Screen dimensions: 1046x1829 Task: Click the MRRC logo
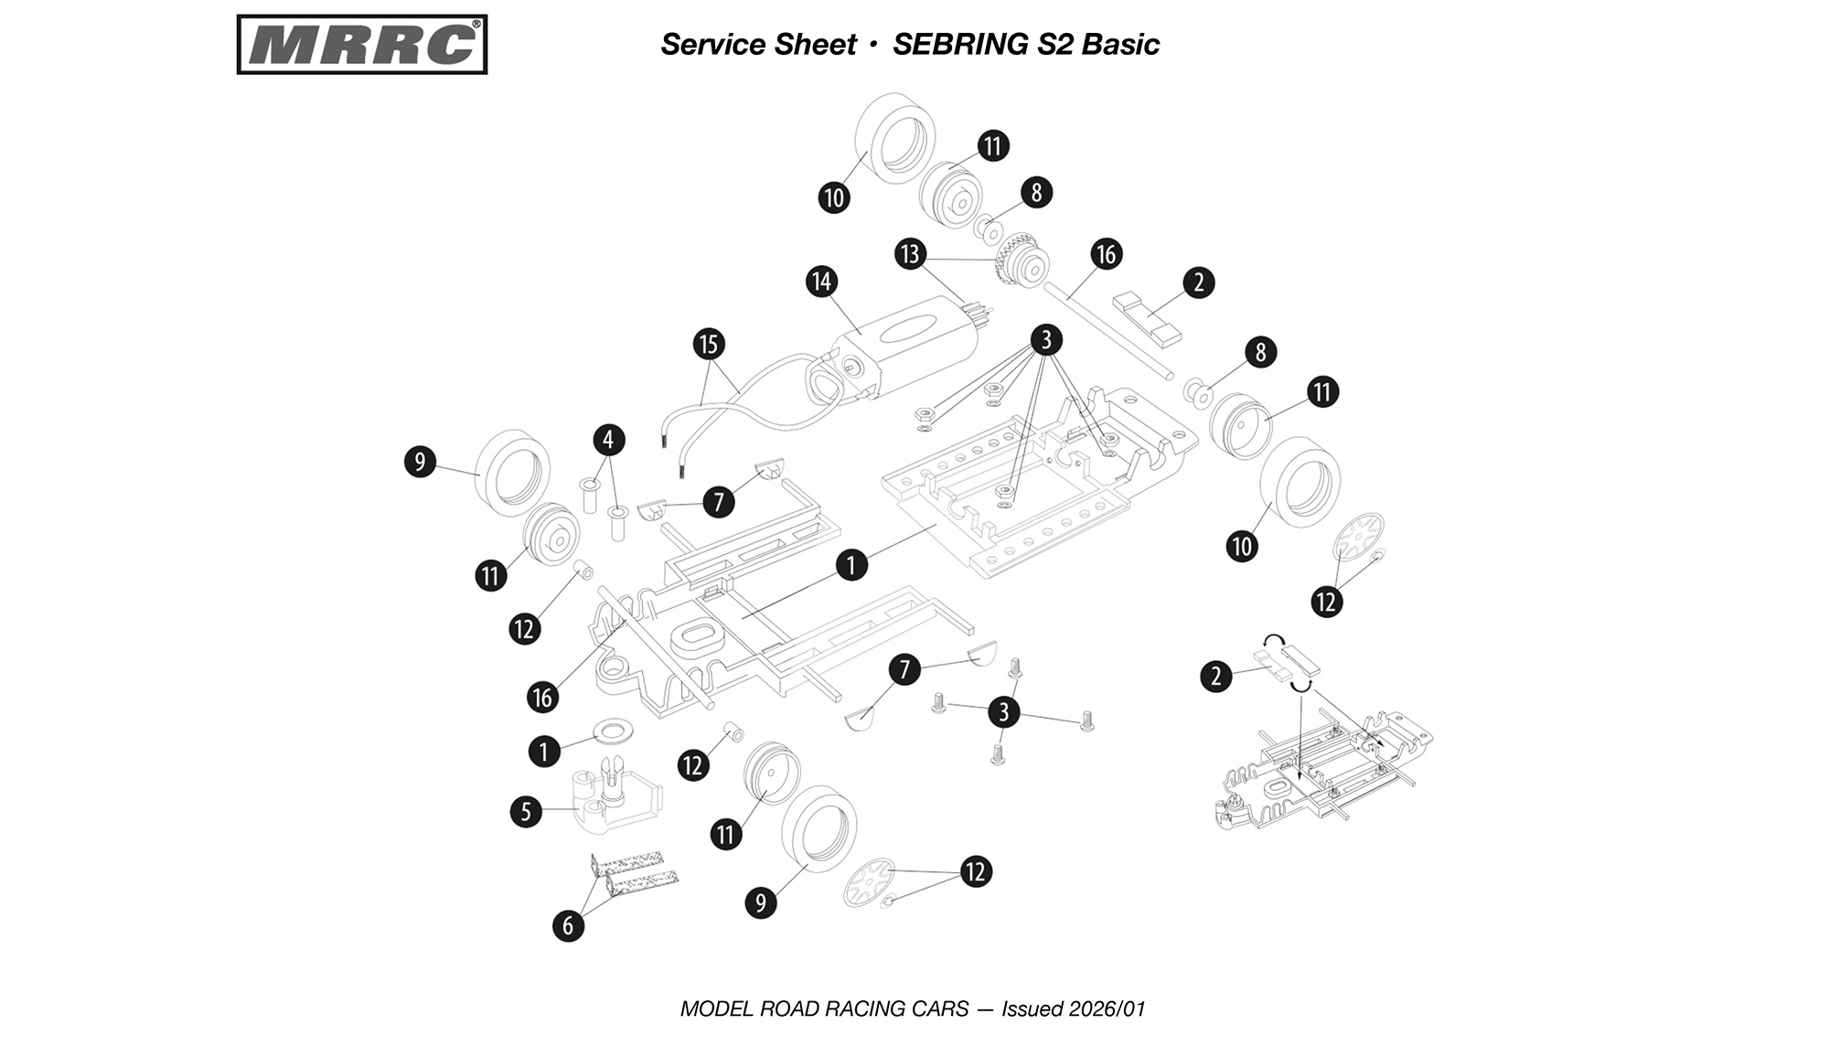[x=361, y=44]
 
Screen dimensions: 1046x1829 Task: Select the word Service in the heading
[x=710, y=44]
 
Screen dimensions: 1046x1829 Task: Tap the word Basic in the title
[x=1121, y=44]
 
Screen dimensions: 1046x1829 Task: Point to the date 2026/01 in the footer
[x=1108, y=1009]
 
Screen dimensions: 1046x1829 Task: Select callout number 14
[x=821, y=282]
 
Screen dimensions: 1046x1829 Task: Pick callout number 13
[x=910, y=253]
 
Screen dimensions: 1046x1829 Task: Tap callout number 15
[x=709, y=344]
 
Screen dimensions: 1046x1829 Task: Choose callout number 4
[x=608, y=439]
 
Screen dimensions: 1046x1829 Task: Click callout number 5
[x=526, y=811]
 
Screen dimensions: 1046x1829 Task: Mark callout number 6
[x=568, y=925]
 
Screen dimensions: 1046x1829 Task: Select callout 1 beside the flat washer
[x=544, y=752]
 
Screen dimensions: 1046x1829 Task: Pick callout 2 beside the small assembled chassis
[x=1215, y=677]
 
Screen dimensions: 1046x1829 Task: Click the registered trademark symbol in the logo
[x=476, y=25]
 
